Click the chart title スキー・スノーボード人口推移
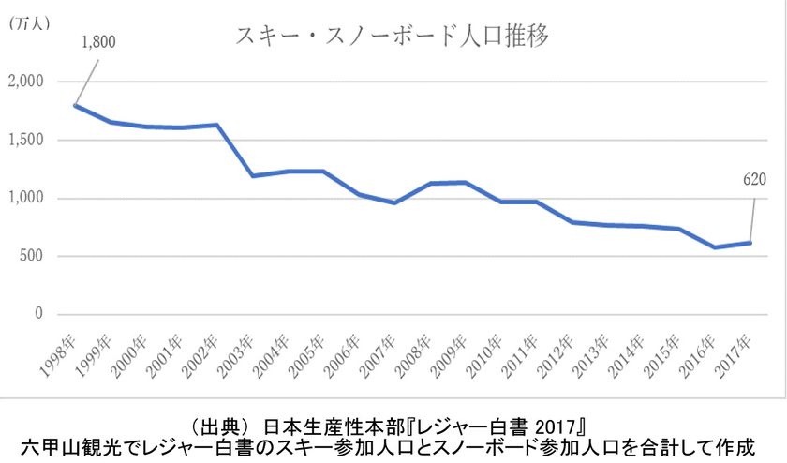click(392, 37)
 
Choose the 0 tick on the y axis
click(39, 314)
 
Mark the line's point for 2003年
click(252, 175)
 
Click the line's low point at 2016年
click(714, 247)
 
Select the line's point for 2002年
click(216, 125)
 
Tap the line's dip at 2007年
click(394, 202)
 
